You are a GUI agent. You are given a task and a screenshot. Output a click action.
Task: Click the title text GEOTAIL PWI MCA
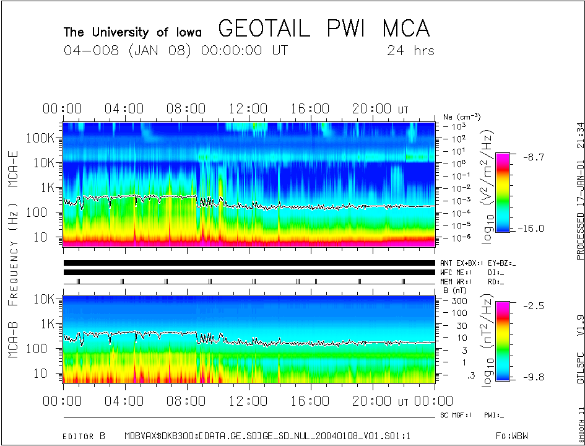point(324,29)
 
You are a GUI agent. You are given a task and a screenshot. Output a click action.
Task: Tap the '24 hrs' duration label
point(410,51)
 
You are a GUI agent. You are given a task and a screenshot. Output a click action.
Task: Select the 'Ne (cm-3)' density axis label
point(462,116)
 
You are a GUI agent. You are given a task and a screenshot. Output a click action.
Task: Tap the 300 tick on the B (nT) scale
point(458,300)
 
